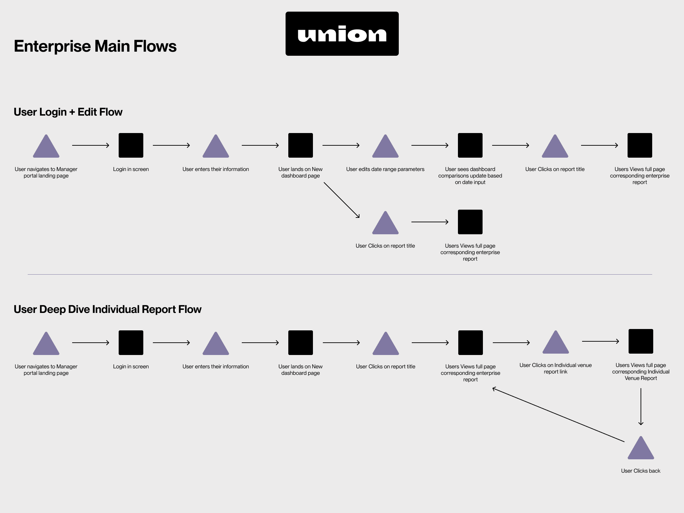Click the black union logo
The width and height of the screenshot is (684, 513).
[342, 34]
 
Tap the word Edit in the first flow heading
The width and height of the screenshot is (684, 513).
[87, 112]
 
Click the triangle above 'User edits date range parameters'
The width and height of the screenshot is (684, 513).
[385, 146]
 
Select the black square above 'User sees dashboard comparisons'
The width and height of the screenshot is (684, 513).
[470, 145]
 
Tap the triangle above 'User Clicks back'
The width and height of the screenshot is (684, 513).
[641, 448]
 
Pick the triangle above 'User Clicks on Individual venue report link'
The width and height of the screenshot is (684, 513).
[556, 342]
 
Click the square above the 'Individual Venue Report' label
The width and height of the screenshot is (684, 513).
[641, 341]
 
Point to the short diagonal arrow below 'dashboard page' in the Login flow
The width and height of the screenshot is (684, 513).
[342, 200]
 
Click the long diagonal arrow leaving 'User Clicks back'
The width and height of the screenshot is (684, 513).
[558, 415]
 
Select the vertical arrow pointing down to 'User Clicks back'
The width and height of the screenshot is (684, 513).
[641, 407]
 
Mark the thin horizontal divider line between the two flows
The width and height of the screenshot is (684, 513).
[340, 274]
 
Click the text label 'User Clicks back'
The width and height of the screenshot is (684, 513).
[641, 471]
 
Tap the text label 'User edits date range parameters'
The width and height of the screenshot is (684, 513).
[385, 169]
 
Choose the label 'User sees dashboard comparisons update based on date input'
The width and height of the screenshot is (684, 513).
[470, 176]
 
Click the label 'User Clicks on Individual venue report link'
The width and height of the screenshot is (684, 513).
[555, 368]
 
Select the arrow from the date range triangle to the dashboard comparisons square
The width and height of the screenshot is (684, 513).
[430, 145]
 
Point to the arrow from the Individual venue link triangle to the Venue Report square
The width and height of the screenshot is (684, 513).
[601, 341]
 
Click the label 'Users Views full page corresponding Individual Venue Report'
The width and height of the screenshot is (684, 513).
[641, 372]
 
